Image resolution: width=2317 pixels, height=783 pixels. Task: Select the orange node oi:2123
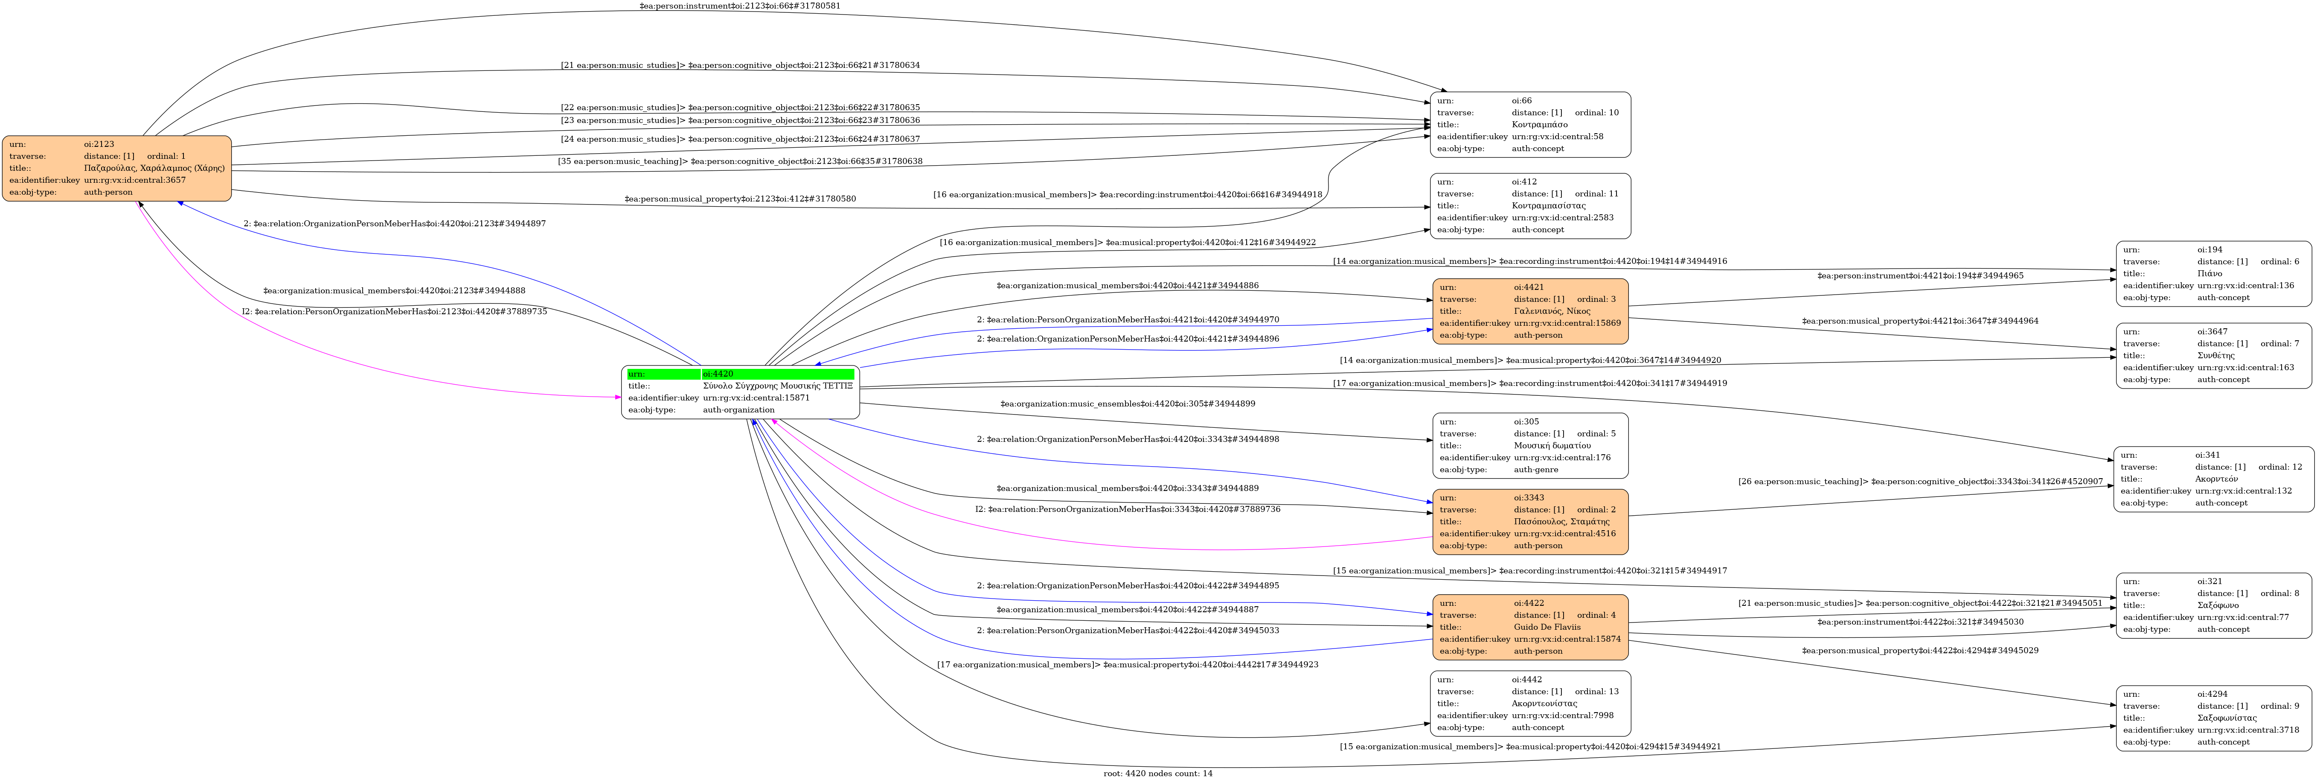(117, 168)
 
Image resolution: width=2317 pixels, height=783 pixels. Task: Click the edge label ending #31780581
(739, 6)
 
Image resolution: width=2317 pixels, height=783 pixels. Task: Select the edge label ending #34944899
(1127, 404)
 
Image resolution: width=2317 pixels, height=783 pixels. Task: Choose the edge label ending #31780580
(739, 199)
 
